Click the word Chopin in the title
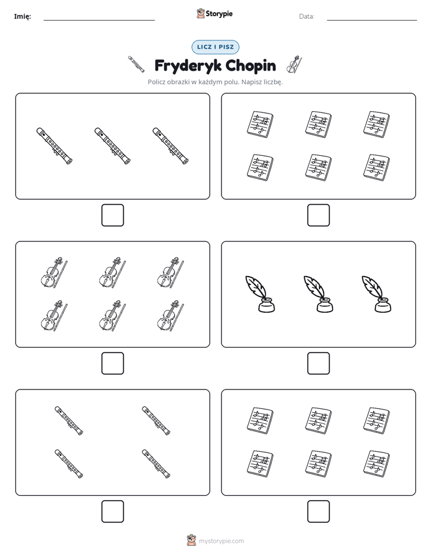251,66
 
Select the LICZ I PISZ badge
215,47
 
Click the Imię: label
22,16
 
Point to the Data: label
307,16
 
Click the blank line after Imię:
99,21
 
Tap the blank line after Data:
372,21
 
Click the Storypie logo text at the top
219,14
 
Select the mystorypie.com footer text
221,541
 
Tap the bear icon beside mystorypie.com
191,540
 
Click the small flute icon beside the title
136,65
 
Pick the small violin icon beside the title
294,65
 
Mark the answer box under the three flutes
113,216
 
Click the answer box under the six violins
113,364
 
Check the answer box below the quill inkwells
319,364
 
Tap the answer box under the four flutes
113,512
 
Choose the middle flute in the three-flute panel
112,146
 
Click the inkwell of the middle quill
325,306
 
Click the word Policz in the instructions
156,82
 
